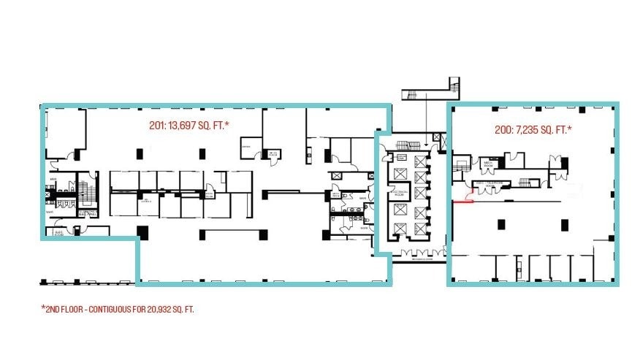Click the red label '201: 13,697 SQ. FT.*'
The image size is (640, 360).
[x=189, y=126]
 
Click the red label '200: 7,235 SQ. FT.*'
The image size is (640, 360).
[x=533, y=130]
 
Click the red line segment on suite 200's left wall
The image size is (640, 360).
[x=462, y=201]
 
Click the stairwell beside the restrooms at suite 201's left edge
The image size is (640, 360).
[x=87, y=189]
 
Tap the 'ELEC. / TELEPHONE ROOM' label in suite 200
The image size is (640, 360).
[x=488, y=184]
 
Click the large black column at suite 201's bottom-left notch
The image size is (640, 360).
[x=142, y=233]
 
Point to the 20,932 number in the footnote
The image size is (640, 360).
[x=155, y=309]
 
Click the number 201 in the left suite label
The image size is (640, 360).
[x=156, y=126]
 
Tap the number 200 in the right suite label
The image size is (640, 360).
[x=503, y=130]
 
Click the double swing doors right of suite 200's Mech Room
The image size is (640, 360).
[x=516, y=157]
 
